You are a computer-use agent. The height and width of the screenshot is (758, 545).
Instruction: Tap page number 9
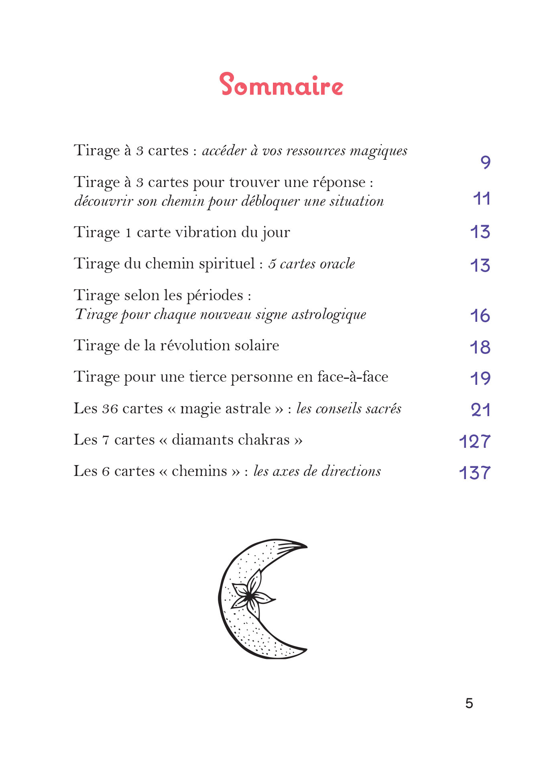click(x=485, y=162)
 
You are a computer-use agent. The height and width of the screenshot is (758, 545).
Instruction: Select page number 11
click(x=482, y=199)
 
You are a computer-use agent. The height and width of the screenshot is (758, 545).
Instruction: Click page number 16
click(x=480, y=316)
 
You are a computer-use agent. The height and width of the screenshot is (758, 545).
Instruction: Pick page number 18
click(x=480, y=348)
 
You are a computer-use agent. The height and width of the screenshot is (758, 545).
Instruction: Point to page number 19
click(x=480, y=378)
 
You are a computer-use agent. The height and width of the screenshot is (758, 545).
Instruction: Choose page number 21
click(x=481, y=410)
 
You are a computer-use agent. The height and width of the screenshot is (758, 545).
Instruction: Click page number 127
click(x=475, y=441)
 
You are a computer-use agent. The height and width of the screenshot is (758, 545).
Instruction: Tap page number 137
click(x=475, y=473)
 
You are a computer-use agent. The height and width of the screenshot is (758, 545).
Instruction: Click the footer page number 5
click(x=469, y=703)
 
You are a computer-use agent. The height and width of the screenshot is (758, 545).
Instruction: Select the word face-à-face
click(x=353, y=377)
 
